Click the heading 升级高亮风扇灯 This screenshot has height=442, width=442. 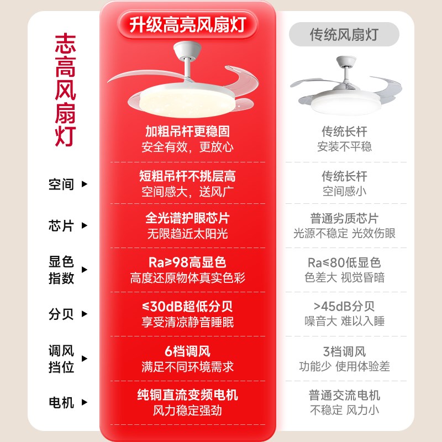[x=187, y=24]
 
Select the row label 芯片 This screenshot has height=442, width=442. [x=61, y=226]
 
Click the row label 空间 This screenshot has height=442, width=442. [x=61, y=184]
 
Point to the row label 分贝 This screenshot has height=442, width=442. [x=61, y=314]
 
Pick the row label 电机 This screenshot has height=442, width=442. [x=61, y=403]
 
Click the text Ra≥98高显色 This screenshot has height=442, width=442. [x=187, y=262]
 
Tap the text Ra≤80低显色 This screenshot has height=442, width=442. [x=344, y=262]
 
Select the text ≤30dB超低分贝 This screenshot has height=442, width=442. [x=187, y=307]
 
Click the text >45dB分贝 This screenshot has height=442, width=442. [x=344, y=307]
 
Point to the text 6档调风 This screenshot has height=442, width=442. [x=187, y=351]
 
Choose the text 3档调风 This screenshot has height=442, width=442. [x=344, y=351]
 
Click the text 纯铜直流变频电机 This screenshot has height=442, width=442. [x=187, y=396]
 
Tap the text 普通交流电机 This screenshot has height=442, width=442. [x=344, y=396]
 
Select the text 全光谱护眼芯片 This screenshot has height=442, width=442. [x=187, y=218]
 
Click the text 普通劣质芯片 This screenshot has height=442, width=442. [x=344, y=218]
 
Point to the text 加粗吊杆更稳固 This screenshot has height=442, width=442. [x=187, y=131]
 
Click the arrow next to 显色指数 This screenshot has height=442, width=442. [x=85, y=270]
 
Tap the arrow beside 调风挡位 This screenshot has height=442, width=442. [x=85, y=359]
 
